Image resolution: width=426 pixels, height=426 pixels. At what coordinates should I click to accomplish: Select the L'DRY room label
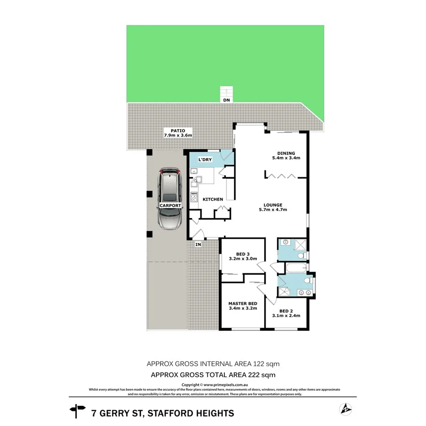coord(204,160)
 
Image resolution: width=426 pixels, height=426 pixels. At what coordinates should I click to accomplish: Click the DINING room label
coord(286,154)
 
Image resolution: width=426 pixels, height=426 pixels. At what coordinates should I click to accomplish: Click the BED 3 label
coord(242,254)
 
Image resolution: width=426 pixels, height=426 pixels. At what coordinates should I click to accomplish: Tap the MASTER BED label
coord(242,304)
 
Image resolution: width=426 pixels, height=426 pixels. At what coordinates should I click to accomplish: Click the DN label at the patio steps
coord(226,100)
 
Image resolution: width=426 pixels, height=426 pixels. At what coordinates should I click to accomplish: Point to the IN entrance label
coord(198,245)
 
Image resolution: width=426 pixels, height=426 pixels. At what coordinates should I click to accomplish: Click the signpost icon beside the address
coord(78,411)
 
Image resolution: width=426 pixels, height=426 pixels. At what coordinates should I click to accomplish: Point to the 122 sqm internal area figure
coord(265,364)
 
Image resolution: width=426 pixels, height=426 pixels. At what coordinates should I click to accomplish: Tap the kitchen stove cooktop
coord(194,197)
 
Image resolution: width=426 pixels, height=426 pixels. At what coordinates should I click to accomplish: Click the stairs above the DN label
coord(226,91)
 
